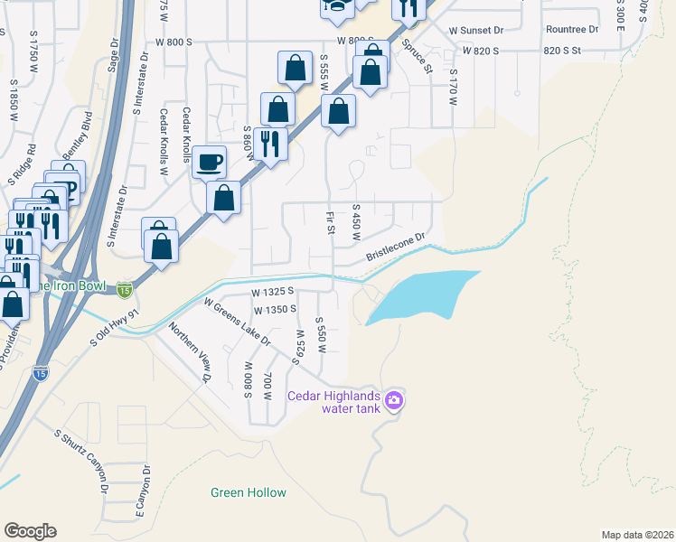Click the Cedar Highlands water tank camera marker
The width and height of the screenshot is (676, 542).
(x=393, y=399)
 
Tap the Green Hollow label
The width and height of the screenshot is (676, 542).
(x=249, y=492)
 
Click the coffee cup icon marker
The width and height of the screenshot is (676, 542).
(x=210, y=163)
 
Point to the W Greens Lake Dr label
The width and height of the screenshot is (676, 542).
(x=237, y=322)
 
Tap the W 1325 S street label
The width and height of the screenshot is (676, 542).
(x=274, y=292)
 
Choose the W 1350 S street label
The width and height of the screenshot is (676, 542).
(x=276, y=310)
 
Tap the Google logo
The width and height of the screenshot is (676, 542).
(x=30, y=531)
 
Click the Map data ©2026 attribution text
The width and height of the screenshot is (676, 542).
(x=637, y=535)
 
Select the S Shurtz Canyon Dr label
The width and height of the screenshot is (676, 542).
(x=83, y=462)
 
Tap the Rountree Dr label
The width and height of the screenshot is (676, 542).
(x=573, y=30)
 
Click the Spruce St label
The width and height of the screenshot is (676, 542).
(x=418, y=56)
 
